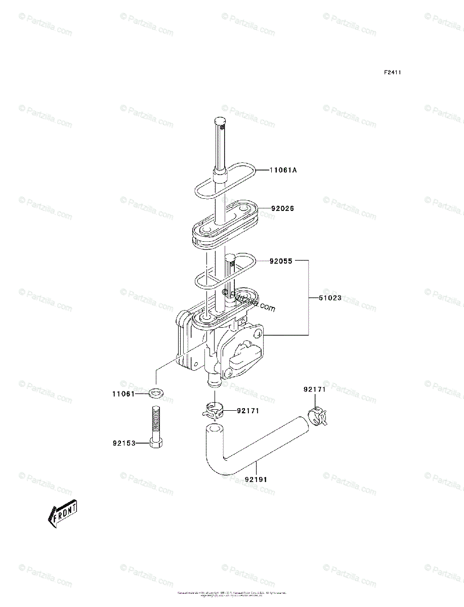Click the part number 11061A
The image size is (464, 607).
click(x=283, y=170)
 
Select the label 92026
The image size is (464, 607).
click(x=282, y=208)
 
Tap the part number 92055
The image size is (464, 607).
click(x=281, y=261)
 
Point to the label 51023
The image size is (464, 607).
click(x=330, y=298)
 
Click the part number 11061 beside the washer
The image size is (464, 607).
click(x=123, y=394)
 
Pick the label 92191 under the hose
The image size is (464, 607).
click(x=256, y=479)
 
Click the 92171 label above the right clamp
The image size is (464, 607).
click(x=314, y=389)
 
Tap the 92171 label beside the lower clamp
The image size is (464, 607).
click(x=248, y=411)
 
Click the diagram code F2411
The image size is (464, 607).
click(x=392, y=73)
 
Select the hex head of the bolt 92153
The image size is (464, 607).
click(x=156, y=443)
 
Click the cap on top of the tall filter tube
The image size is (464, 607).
click(x=220, y=122)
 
